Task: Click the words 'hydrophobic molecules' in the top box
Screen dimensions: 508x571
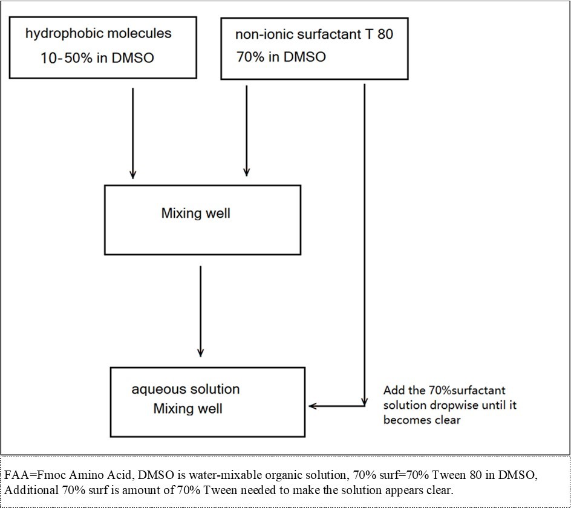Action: click(x=98, y=33)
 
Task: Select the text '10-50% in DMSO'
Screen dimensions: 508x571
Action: click(x=97, y=58)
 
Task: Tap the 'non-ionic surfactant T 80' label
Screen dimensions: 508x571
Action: click(x=313, y=34)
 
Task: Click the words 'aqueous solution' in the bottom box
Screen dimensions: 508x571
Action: click(x=185, y=389)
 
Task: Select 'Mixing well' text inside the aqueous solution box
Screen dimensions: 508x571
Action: click(x=188, y=409)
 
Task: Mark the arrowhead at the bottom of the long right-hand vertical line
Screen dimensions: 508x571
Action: click(x=364, y=400)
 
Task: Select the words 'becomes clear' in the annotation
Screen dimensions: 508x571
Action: click(x=422, y=419)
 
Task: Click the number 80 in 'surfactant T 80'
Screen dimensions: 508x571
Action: click(x=385, y=34)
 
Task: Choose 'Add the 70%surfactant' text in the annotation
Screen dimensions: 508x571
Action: click(x=444, y=391)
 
